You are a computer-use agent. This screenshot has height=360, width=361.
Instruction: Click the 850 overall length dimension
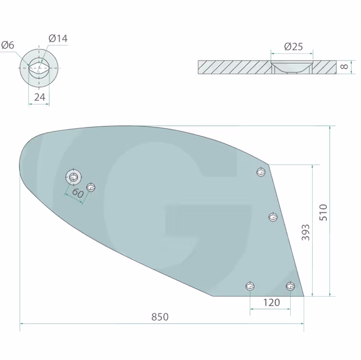tap(160, 317)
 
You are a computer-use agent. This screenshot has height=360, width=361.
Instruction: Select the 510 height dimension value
tap(323, 212)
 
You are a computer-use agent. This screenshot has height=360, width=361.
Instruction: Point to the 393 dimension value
tap(305, 233)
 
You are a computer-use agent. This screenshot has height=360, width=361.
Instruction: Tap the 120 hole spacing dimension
tap(272, 303)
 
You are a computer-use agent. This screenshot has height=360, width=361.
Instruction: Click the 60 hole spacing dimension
tap(78, 193)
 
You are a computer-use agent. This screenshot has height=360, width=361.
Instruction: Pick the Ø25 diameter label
tap(294, 47)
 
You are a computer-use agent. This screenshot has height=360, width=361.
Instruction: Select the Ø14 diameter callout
tap(58, 38)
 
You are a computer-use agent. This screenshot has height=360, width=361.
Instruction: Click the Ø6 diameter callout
tap(8, 45)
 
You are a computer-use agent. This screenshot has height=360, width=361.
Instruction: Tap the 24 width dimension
tap(39, 97)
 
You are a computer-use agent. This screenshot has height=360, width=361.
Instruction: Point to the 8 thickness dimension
tap(344, 67)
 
